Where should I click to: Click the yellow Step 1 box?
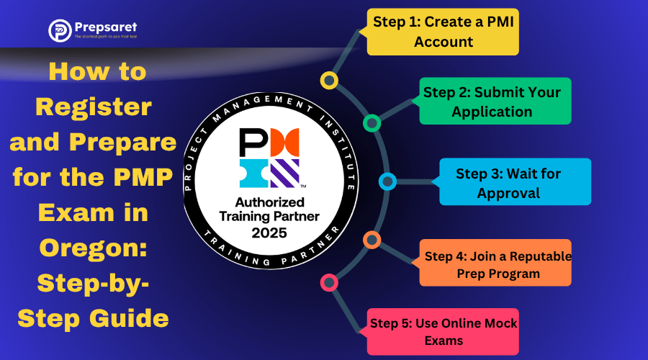pos(442,32)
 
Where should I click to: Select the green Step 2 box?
pos(495,102)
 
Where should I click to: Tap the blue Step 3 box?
pos(515,184)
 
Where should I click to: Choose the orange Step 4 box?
pos(495,264)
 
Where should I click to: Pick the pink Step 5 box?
pos(444,331)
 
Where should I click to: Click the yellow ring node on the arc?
pos(329,79)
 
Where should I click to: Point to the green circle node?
pos(372,123)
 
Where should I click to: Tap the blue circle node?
pos(387,181)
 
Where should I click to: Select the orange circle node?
pos(372,240)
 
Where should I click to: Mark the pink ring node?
pos(329,282)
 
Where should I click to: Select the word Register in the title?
pos(94,107)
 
